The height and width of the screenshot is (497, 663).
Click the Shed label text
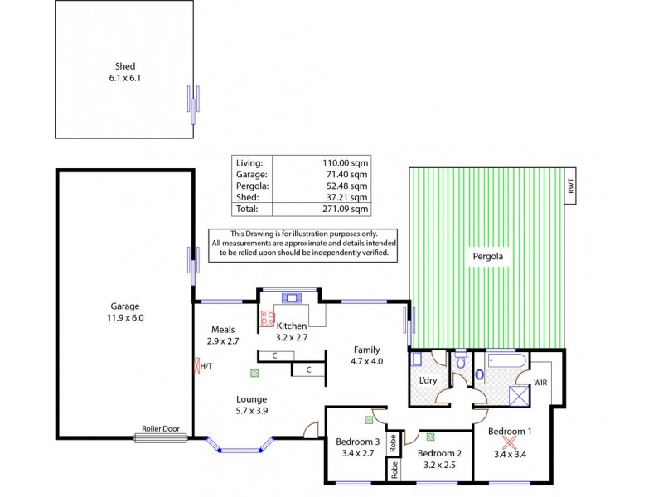click(x=125, y=66)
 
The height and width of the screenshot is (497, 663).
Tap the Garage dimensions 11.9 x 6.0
click(x=125, y=316)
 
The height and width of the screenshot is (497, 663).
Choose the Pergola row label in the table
click(x=252, y=186)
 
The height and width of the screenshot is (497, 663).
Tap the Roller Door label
click(x=161, y=429)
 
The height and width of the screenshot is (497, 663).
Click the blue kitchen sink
click(x=291, y=297)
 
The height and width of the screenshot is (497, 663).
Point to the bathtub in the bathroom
click(x=506, y=359)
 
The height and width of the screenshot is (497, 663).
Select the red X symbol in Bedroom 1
click(x=510, y=444)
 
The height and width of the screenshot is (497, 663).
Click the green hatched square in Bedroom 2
click(x=430, y=437)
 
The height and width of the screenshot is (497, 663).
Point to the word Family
click(x=367, y=350)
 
